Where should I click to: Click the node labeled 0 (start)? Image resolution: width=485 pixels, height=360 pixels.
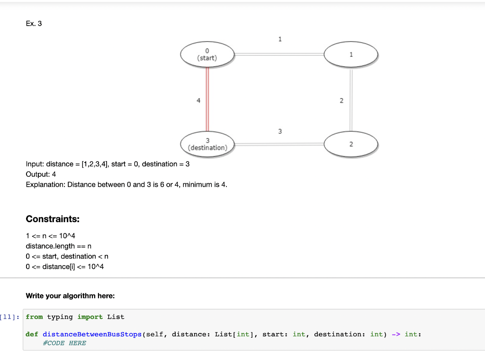pos(207,54)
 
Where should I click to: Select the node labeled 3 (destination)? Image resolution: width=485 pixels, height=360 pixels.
pos(207,144)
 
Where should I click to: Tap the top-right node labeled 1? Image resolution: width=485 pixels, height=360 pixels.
pos(350,54)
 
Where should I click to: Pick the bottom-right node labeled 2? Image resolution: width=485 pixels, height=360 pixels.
pos(350,144)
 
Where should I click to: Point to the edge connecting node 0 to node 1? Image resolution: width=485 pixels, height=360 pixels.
pos(279,54)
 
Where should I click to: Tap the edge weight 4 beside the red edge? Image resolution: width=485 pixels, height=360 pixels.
pos(198,100)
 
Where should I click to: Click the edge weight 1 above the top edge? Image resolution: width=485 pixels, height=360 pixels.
pos(279,39)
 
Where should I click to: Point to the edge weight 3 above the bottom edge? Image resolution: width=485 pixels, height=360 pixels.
pos(279,131)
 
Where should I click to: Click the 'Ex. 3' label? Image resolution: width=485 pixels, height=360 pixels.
pos(34,24)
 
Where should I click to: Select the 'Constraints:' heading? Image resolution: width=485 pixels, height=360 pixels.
pos(53,219)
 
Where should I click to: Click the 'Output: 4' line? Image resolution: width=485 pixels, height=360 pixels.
pos(41,174)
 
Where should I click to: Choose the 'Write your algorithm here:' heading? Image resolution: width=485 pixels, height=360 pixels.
pos(70,296)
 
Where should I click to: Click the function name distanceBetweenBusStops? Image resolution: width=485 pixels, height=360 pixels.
pos(92,334)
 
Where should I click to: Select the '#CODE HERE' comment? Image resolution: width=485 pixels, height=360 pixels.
pos(64,343)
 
